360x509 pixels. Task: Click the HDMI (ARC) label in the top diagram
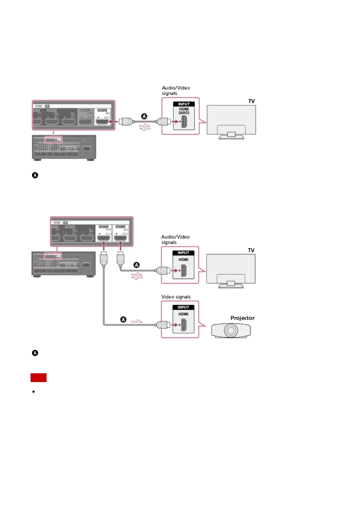click(184, 111)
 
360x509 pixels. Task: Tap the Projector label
click(242, 318)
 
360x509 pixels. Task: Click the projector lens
click(231, 330)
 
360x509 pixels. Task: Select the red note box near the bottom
click(38, 378)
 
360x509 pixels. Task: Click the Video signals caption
click(176, 297)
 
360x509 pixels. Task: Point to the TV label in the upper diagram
click(251, 101)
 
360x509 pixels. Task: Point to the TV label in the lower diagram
click(251, 250)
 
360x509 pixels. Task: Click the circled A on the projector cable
click(123, 319)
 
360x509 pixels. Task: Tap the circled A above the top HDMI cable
click(144, 116)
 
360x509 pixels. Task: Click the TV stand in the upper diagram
click(231, 135)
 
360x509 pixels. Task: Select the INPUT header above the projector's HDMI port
click(183, 307)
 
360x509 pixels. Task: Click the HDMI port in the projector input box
click(183, 325)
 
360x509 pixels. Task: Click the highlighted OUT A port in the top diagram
click(102, 122)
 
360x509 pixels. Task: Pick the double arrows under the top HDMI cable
click(145, 127)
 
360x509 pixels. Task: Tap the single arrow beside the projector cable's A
click(137, 321)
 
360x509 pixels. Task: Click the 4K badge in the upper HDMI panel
click(47, 106)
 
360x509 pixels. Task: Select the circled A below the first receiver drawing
click(35, 175)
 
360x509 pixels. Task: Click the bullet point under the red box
click(34, 392)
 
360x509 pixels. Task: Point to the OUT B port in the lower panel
click(103, 238)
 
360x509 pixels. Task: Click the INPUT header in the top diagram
click(184, 104)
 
